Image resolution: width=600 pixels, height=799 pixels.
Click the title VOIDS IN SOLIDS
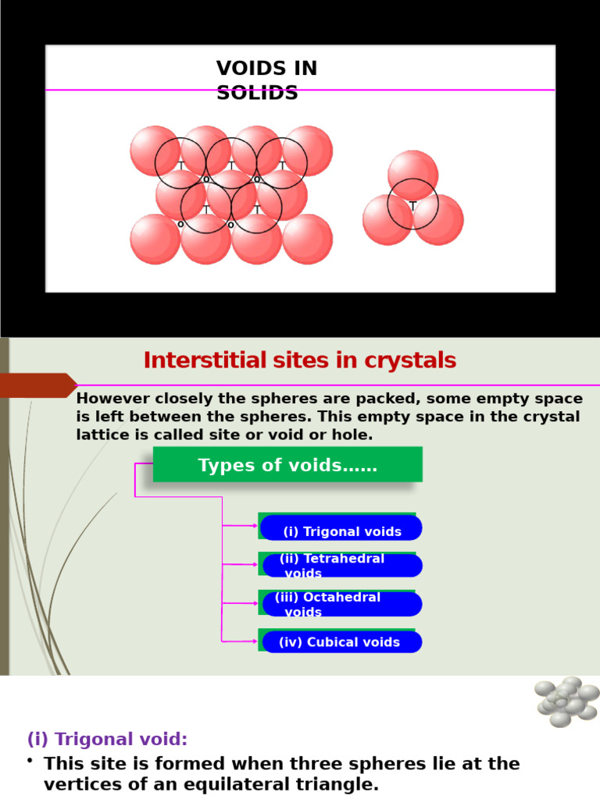click(x=266, y=80)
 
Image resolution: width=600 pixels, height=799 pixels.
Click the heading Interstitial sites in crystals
click(x=299, y=360)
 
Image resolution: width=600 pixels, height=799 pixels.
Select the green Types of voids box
click(x=287, y=465)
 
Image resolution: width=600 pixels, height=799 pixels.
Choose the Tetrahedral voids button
click(x=341, y=566)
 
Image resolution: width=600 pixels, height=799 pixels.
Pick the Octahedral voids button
click(x=341, y=604)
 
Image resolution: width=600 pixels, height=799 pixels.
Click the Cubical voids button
click(x=341, y=642)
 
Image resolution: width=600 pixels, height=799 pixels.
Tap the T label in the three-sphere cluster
click(x=412, y=206)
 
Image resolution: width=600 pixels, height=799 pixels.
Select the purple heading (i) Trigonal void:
click(x=107, y=739)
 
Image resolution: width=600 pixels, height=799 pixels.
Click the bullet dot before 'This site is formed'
click(x=30, y=761)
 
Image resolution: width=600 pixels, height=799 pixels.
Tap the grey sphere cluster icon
click(x=566, y=700)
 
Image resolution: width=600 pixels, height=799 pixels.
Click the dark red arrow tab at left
click(x=37, y=385)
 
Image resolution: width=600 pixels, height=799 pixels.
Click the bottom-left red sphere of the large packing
click(x=155, y=240)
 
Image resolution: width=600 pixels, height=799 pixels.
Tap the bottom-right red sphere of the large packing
click(x=307, y=240)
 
